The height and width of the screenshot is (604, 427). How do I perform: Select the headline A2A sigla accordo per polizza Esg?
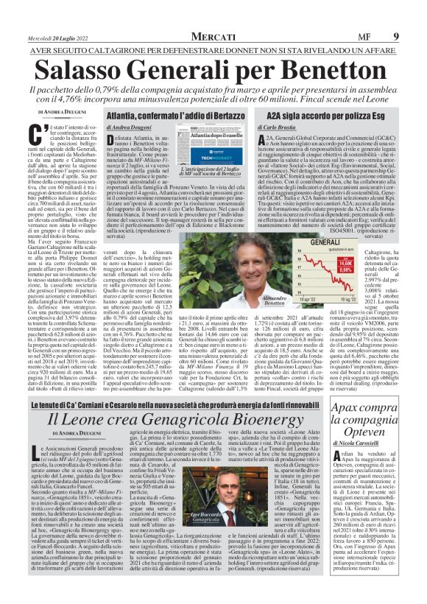(313, 116)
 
